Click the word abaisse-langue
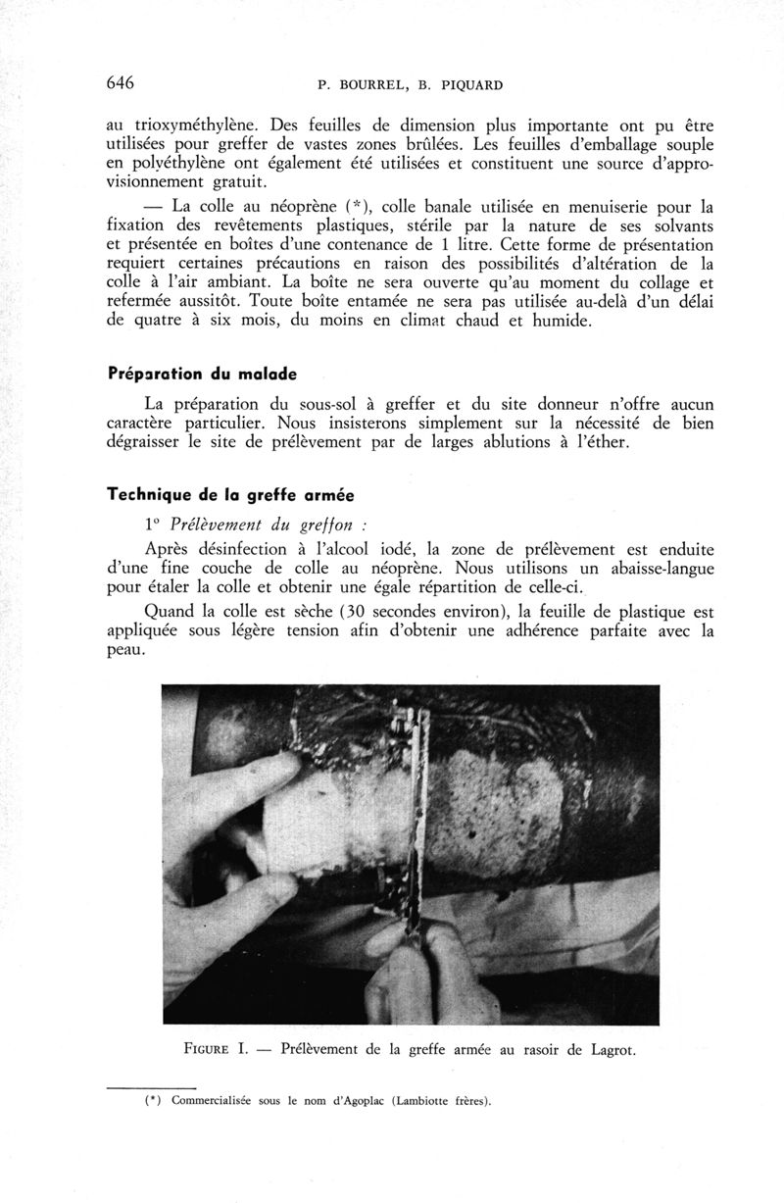point(652,570)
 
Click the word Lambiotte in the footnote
point(420,1099)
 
